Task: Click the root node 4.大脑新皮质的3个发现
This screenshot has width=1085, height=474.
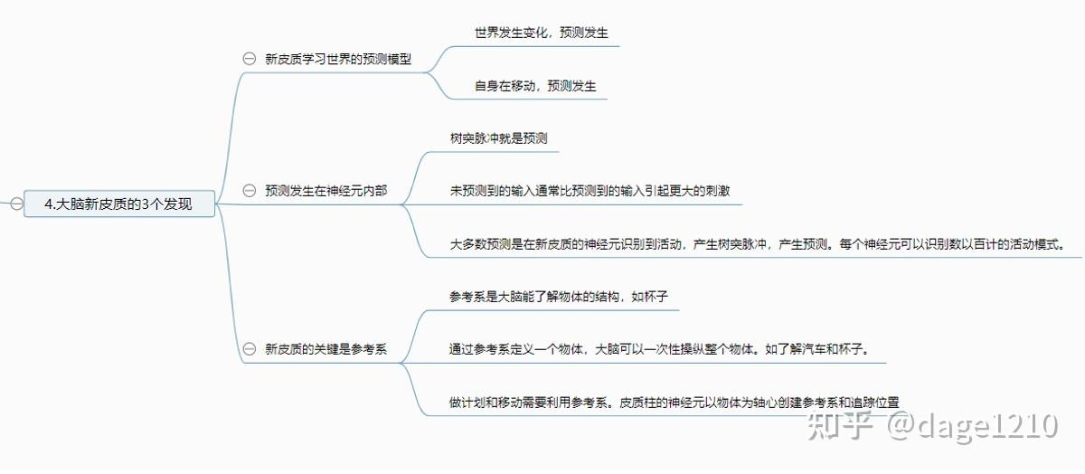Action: point(118,204)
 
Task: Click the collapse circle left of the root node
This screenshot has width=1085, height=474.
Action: point(16,204)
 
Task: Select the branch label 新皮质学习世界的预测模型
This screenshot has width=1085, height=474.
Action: point(338,59)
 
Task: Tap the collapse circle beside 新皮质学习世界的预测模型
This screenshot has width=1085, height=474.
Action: point(249,59)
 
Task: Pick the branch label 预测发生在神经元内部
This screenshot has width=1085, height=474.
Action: point(325,191)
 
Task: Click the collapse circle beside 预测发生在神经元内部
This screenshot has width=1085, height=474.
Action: point(249,191)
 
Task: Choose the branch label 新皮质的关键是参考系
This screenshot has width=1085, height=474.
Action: point(325,348)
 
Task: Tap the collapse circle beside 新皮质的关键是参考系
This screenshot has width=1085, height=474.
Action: point(249,348)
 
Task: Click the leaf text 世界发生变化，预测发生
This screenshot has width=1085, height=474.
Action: point(541,33)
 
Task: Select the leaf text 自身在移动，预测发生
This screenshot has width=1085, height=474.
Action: point(535,86)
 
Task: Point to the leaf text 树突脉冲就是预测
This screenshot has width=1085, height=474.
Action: point(498,138)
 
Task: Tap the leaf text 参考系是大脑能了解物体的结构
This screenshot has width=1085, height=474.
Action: point(558,297)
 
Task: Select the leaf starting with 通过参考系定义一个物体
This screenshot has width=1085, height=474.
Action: point(659,349)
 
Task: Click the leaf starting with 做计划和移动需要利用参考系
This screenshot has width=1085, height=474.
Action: point(674,403)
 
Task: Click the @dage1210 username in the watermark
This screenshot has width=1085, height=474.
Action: point(972,424)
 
